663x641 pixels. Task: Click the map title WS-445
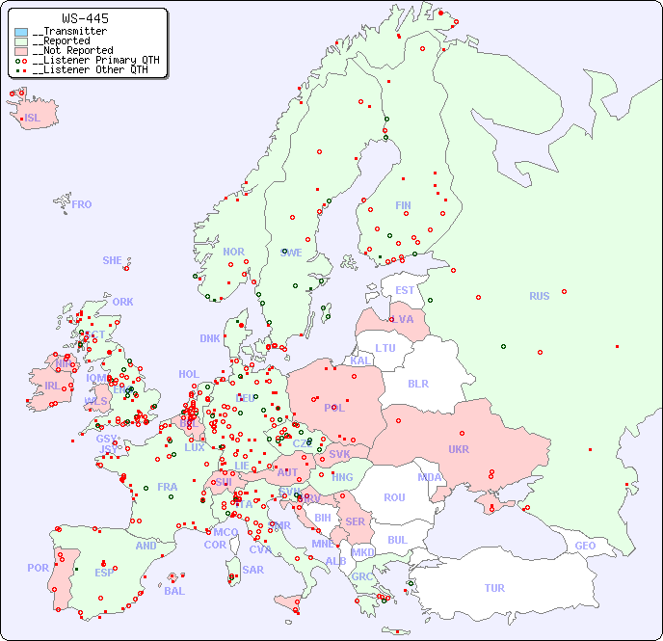pos(85,18)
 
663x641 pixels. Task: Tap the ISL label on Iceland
pos(33,119)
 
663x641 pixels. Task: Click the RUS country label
pos(539,296)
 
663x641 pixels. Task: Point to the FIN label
pos(403,205)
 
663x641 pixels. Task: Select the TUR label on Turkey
pos(494,588)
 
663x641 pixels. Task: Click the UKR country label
pos(459,449)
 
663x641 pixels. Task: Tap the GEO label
pos(585,546)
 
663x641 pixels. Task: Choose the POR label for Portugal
pos(38,568)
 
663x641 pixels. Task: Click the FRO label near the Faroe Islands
pos(82,204)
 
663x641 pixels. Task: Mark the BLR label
pos(417,383)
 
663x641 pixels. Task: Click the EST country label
pos(405,290)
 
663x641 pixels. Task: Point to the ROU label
pos(394,497)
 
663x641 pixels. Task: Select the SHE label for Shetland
pos(113,260)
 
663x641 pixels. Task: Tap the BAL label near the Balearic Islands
pos(174,591)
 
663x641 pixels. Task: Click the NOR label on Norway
pos(233,252)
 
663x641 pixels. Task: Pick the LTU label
pos(385,348)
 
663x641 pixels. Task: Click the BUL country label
pos(397,540)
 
